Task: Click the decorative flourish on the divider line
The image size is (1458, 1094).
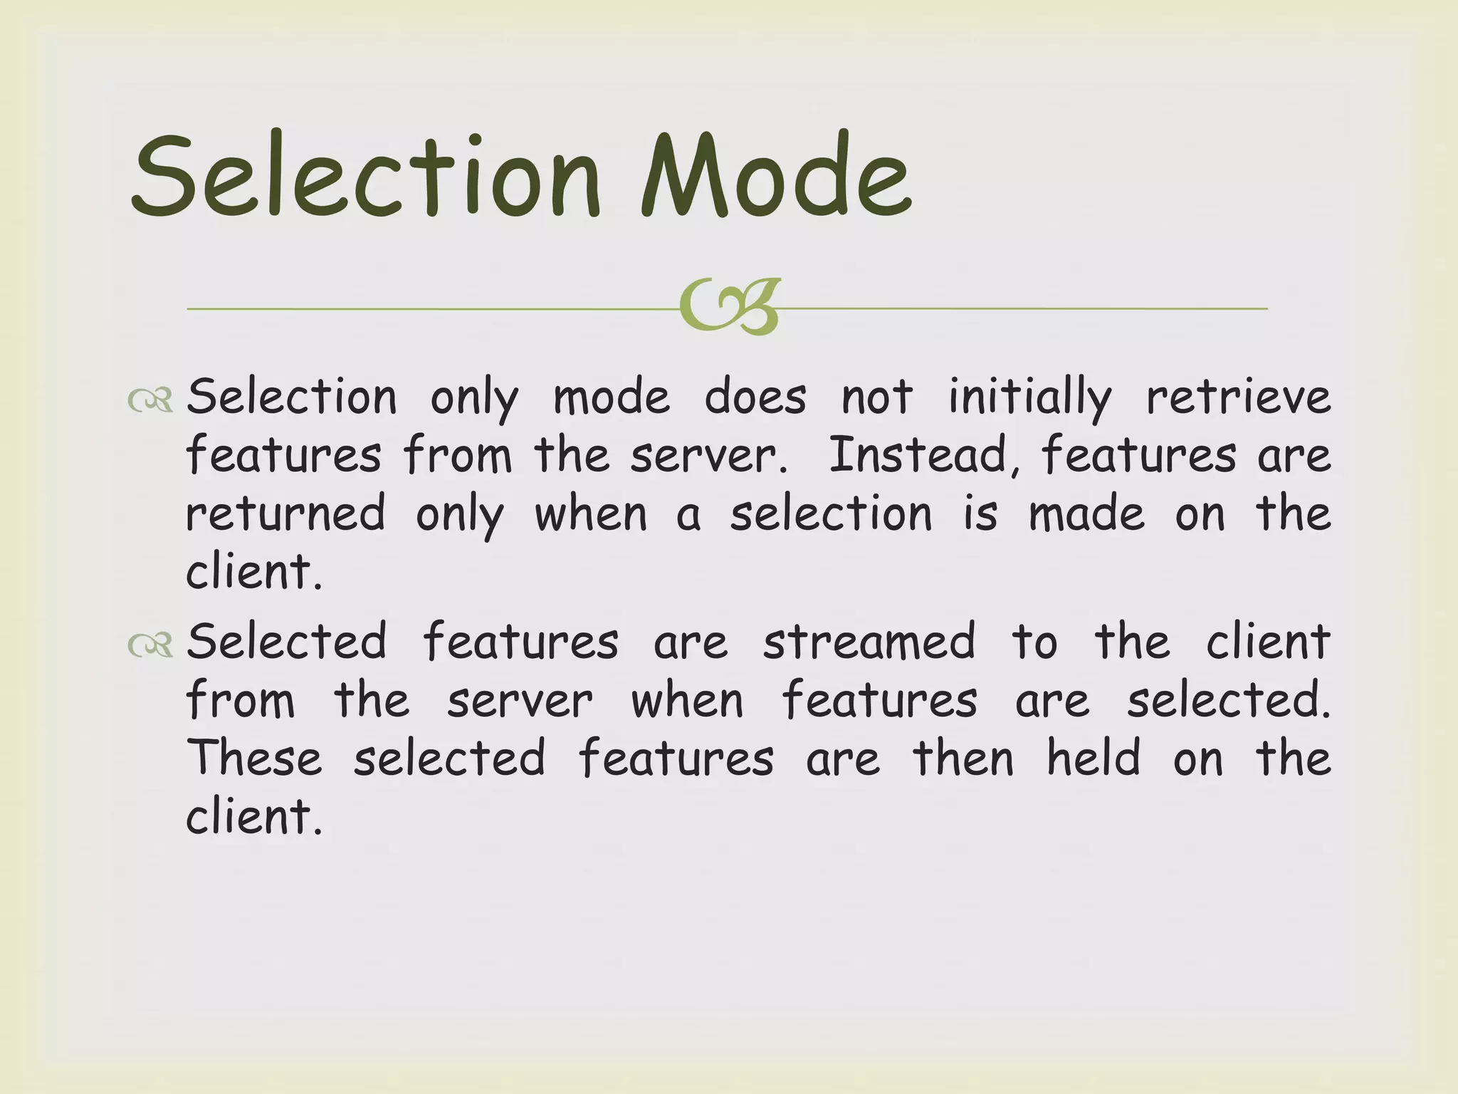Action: click(x=730, y=307)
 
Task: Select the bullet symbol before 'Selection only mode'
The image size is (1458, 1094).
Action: click(x=150, y=400)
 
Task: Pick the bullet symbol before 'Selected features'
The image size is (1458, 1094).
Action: click(x=150, y=645)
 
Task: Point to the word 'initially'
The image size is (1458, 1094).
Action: click(x=1029, y=397)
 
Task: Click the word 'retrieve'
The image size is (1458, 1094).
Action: click(x=1238, y=397)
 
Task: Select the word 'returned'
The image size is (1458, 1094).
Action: click(x=285, y=514)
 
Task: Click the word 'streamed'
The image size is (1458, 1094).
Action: click(x=869, y=642)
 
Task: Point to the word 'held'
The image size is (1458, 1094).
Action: click(x=1093, y=758)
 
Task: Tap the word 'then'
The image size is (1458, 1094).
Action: click(x=963, y=758)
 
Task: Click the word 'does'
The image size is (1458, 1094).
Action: click(x=755, y=397)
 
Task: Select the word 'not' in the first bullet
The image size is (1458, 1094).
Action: click(x=877, y=397)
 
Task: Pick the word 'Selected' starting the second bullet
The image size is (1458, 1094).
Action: click(x=287, y=642)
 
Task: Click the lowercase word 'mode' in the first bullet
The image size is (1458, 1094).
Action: click(x=612, y=397)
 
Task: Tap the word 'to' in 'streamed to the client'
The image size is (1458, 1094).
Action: click(x=1035, y=642)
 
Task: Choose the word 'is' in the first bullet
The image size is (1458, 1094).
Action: click(x=980, y=514)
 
